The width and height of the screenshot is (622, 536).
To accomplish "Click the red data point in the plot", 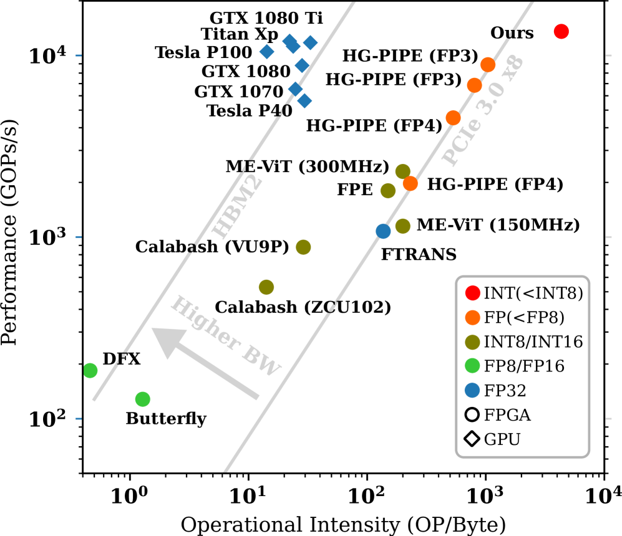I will tap(561, 32).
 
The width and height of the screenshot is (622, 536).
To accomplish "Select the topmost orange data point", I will tap(488, 65).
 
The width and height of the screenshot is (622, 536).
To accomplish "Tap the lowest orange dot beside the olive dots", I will tap(410, 183).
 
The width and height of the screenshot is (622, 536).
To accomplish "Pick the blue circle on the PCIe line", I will tap(383, 231).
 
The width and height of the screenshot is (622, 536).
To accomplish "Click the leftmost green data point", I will tap(90, 370).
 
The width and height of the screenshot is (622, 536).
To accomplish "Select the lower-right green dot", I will tap(143, 399).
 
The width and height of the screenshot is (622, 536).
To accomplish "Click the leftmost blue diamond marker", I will tap(267, 52).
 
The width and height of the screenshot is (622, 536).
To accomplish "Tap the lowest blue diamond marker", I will tap(304, 101).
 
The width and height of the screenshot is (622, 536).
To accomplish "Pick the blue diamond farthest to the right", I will tap(310, 43).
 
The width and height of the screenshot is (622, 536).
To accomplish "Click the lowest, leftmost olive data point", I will tap(266, 287).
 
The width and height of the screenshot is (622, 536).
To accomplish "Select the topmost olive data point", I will tap(402, 171).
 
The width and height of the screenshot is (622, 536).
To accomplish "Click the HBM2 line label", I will tap(238, 207).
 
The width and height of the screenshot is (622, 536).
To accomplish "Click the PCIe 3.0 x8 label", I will tap(483, 111).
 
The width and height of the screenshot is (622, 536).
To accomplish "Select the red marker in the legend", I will tap(472, 293).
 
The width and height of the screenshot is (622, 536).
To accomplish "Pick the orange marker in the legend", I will tap(472, 317).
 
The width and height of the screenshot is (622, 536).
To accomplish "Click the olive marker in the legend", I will tap(472, 342).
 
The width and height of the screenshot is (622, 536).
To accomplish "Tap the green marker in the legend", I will tap(472, 366).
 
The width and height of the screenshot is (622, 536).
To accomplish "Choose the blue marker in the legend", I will tap(472, 390).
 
